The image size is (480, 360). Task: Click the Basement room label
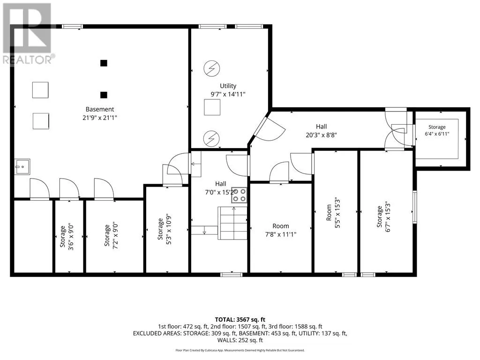(100, 109)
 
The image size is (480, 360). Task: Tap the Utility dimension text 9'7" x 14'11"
(228, 94)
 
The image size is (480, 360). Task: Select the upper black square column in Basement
(104, 63)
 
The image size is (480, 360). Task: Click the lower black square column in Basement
(104, 95)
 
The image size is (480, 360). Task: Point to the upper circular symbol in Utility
(211, 68)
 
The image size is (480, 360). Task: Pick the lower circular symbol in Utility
(211, 138)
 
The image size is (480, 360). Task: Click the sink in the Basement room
(22, 167)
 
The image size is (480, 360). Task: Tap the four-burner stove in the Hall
(239, 195)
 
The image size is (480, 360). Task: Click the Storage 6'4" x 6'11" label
(437, 130)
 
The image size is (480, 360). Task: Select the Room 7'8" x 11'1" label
(281, 230)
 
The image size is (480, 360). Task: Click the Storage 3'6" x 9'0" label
(67, 237)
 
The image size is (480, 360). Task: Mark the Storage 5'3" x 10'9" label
(165, 229)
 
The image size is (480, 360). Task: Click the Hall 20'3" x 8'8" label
(321, 131)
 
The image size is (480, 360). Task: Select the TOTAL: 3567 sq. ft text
(240, 320)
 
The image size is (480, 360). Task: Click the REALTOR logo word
(28, 60)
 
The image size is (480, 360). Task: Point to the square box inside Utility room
(212, 107)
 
